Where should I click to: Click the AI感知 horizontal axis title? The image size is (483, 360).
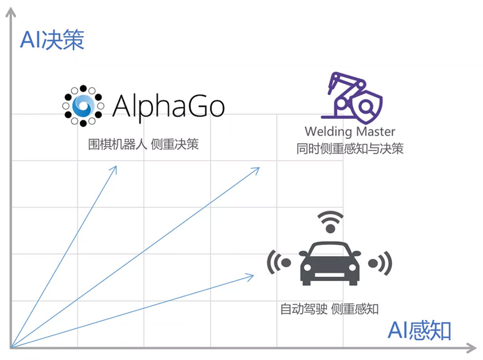[x=419, y=331]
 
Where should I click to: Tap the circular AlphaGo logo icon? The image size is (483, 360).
[x=83, y=106]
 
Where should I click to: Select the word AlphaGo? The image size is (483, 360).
[x=168, y=104]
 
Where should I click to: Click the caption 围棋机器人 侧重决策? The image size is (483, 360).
[x=143, y=144]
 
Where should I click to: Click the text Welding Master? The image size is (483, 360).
[x=350, y=132]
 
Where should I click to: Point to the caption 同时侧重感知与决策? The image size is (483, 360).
[x=350, y=148]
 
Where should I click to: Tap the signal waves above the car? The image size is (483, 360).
[x=330, y=221]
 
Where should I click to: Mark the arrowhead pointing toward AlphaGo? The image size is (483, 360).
[x=114, y=168]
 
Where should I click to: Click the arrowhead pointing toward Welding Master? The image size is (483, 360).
[x=257, y=169]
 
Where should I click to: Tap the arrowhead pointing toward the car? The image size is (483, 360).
[x=251, y=276]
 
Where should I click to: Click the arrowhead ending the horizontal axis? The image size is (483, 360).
[x=472, y=348]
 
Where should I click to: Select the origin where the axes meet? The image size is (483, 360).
[x=11, y=348]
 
